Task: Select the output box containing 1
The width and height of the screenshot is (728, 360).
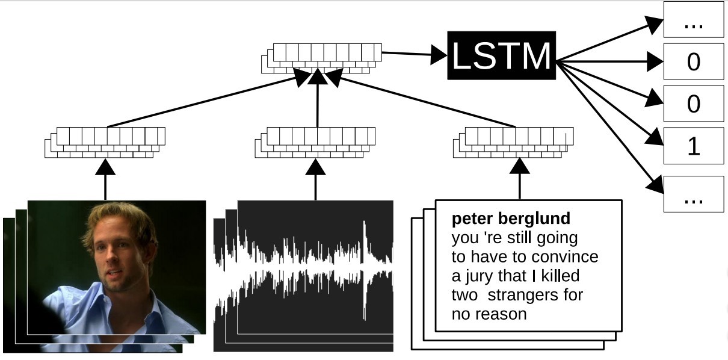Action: click(693, 146)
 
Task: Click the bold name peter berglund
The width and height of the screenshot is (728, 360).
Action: click(511, 218)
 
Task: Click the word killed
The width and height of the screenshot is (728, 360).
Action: click(558, 276)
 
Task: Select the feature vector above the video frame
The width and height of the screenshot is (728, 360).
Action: click(105, 143)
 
